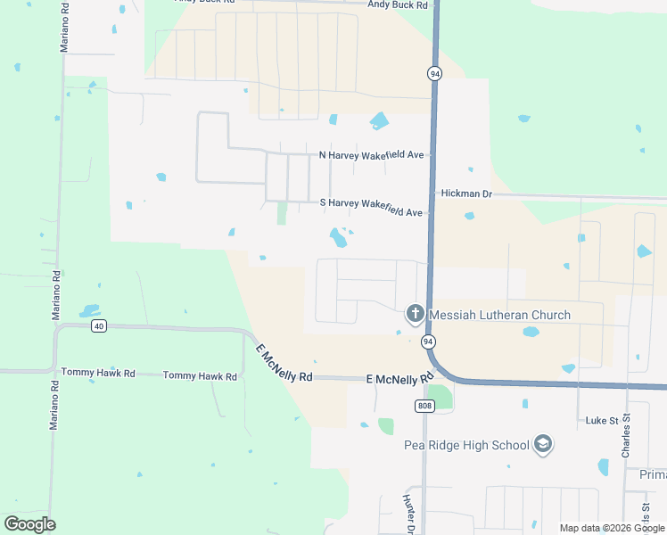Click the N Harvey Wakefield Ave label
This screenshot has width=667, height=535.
(x=371, y=155)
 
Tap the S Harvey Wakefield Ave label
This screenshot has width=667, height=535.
(x=371, y=202)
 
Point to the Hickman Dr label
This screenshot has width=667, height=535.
(x=465, y=193)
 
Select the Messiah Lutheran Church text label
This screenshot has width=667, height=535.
(x=499, y=315)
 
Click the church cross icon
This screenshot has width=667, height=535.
(x=415, y=314)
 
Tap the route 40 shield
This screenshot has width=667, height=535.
(x=98, y=326)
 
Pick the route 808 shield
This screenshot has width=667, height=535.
(x=424, y=406)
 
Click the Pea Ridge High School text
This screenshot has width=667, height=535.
(x=453, y=445)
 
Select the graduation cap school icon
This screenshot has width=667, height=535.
(x=542, y=444)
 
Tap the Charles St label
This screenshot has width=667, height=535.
(x=627, y=436)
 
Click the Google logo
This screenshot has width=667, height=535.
(x=29, y=523)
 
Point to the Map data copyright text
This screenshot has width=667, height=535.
(x=612, y=528)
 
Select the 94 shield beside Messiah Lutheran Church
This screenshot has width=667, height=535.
(x=429, y=342)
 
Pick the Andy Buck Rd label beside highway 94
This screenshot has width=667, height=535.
(x=398, y=4)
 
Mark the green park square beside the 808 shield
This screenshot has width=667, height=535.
(x=440, y=397)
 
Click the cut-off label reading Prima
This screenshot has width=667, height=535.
(x=653, y=475)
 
